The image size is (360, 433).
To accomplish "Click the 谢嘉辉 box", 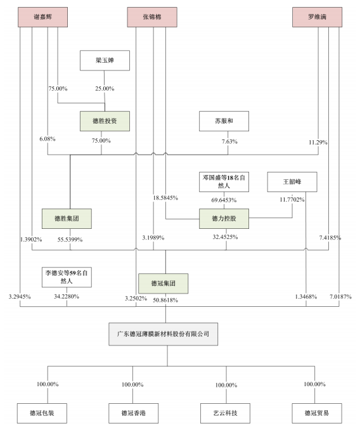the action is pyautogui.click(x=43, y=17).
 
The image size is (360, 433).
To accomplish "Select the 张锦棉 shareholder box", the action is pyautogui.click(x=152, y=17).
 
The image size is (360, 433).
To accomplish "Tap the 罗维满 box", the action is pyautogui.click(x=317, y=17).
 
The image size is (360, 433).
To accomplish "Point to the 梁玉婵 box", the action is pyautogui.click(x=105, y=60).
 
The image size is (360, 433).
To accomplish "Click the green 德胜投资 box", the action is pyautogui.click(x=105, y=121).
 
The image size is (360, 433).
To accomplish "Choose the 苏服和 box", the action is pyautogui.click(x=224, y=121).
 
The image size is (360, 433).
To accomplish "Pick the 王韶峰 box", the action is pyautogui.click(x=292, y=182).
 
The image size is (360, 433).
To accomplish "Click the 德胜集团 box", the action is pyautogui.click(x=67, y=219).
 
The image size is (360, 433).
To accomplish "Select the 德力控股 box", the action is pyautogui.click(x=224, y=219).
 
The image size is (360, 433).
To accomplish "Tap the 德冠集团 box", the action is pyautogui.click(x=163, y=283).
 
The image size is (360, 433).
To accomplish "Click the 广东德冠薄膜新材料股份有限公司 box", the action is pyautogui.click(x=163, y=334).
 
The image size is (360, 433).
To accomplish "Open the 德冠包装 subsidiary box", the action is pyautogui.click(x=42, y=413).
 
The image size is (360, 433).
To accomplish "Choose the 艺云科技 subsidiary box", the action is pyautogui.click(x=225, y=413).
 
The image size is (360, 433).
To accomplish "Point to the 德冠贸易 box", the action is pyautogui.click(x=317, y=413).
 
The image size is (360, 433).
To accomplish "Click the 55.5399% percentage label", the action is pyautogui.click(x=70, y=240).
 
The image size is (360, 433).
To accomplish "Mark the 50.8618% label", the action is pyautogui.click(x=165, y=300).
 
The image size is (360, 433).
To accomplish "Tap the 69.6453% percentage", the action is pyautogui.click(x=224, y=200).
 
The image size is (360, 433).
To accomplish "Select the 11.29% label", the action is pyautogui.click(x=318, y=143).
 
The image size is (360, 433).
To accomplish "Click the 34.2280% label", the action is pyautogui.click(x=67, y=297).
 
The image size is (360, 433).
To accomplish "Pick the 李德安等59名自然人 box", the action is pyautogui.click(x=67, y=277).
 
